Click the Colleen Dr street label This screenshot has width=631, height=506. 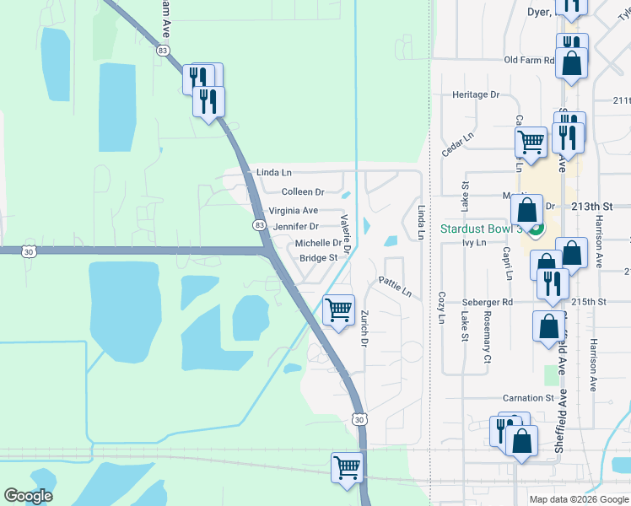point(303,192)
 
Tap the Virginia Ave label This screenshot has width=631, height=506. point(293,210)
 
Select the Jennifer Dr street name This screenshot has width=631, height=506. point(295,227)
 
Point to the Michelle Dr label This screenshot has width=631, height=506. point(317,243)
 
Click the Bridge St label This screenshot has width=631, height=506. point(318,258)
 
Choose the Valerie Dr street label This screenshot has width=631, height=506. point(346,231)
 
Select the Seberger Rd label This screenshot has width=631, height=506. point(487,301)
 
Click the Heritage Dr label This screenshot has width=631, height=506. point(476,94)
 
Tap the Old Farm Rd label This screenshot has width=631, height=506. point(529,60)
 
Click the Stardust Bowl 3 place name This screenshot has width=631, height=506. point(478,229)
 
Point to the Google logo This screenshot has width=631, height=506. point(28,496)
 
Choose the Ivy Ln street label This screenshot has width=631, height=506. point(475,243)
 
